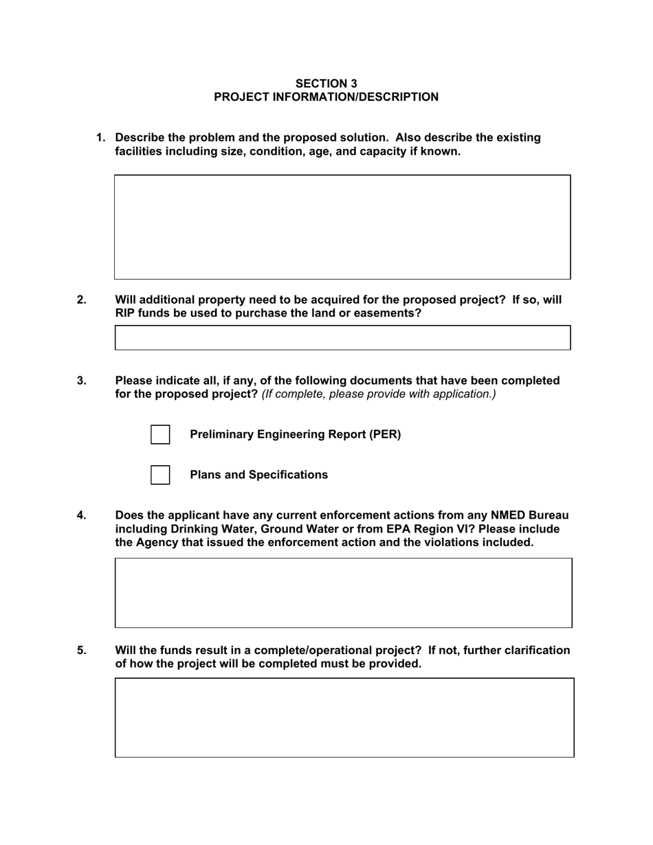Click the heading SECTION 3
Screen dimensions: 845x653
click(326, 84)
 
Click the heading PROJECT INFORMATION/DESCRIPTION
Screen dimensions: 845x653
click(326, 97)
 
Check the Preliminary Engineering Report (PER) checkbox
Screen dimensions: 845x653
click(160, 435)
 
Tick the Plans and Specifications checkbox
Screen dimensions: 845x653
click(160, 475)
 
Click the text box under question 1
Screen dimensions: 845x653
click(342, 227)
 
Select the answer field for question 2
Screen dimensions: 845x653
click(342, 338)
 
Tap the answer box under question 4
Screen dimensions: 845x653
click(343, 592)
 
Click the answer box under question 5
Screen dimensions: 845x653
click(344, 717)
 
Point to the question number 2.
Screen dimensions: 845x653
click(82, 300)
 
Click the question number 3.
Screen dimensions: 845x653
click(82, 381)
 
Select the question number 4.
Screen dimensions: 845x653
click(82, 515)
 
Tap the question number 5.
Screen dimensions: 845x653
click(82, 650)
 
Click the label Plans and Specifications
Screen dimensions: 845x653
click(258, 475)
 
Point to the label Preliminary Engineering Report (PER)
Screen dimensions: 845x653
click(295, 434)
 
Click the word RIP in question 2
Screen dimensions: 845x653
click(124, 313)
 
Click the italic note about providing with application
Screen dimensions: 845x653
click(378, 394)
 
